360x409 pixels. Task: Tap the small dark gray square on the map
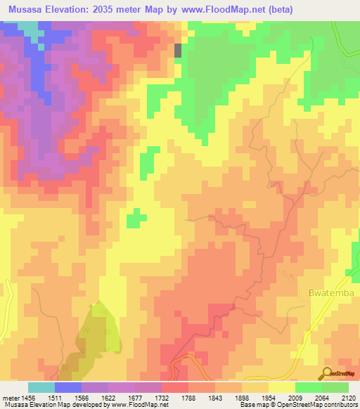(x=178, y=51)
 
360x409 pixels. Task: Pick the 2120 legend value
(x=347, y=397)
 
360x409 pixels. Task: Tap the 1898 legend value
(x=227, y=397)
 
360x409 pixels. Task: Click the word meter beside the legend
(x=10, y=397)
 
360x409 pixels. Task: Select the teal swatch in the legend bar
(x=41, y=387)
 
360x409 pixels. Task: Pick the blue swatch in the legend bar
(x=67, y=387)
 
